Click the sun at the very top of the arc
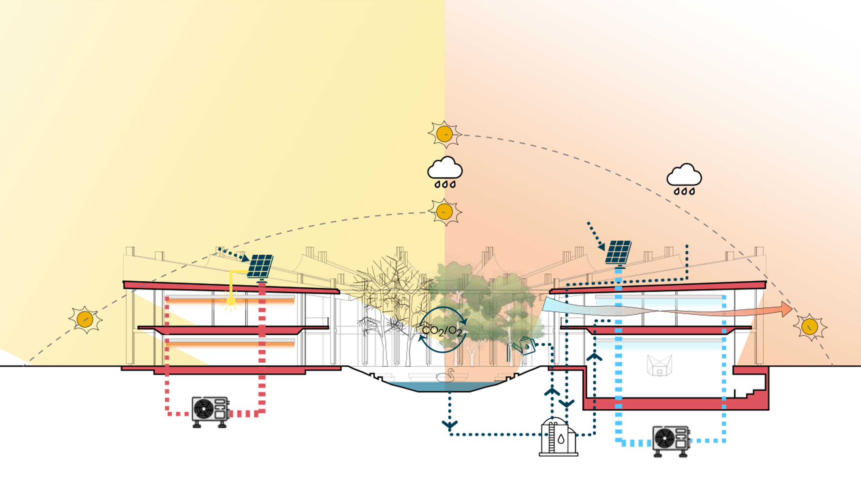point(444,134)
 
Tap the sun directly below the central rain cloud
point(444,212)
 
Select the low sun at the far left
point(85,319)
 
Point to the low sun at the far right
point(810,327)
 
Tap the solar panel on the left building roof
point(260,266)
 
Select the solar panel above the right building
point(618,252)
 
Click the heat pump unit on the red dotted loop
point(210,410)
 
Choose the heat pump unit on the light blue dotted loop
point(670,440)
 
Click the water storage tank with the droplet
point(558,436)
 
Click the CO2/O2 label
point(442,331)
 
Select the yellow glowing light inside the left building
point(231,301)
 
